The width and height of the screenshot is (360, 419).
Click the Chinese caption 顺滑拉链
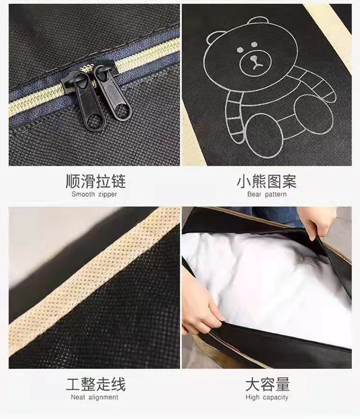tap(96, 181)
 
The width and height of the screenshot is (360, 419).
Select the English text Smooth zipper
tap(95, 194)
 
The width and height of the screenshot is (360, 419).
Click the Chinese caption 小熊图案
tap(266, 181)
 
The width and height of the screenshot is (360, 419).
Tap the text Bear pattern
tap(267, 194)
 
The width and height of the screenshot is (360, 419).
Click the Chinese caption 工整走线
tap(96, 384)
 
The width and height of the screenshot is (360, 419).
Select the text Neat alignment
tap(95, 397)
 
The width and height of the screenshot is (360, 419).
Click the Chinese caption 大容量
tap(267, 384)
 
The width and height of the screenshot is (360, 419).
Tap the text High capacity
tap(267, 397)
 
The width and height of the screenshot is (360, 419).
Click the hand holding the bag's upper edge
tap(317, 220)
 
